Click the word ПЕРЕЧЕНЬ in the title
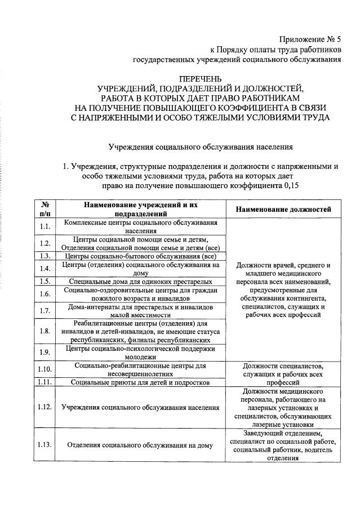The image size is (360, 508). point(201,78)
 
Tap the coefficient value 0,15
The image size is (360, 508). point(289,185)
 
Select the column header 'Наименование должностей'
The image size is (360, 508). point(283,210)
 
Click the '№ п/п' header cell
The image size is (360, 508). point(45,210)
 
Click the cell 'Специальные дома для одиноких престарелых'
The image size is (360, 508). point(140,280)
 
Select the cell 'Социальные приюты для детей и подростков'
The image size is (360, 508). point(140,382)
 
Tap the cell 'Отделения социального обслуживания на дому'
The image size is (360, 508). point(140,445)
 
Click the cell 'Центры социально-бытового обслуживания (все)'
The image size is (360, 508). point(140,256)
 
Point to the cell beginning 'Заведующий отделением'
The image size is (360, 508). point(283,445)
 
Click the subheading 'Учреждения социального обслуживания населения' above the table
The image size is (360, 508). point(201,147)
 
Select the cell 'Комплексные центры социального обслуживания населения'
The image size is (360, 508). point(140,226)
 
